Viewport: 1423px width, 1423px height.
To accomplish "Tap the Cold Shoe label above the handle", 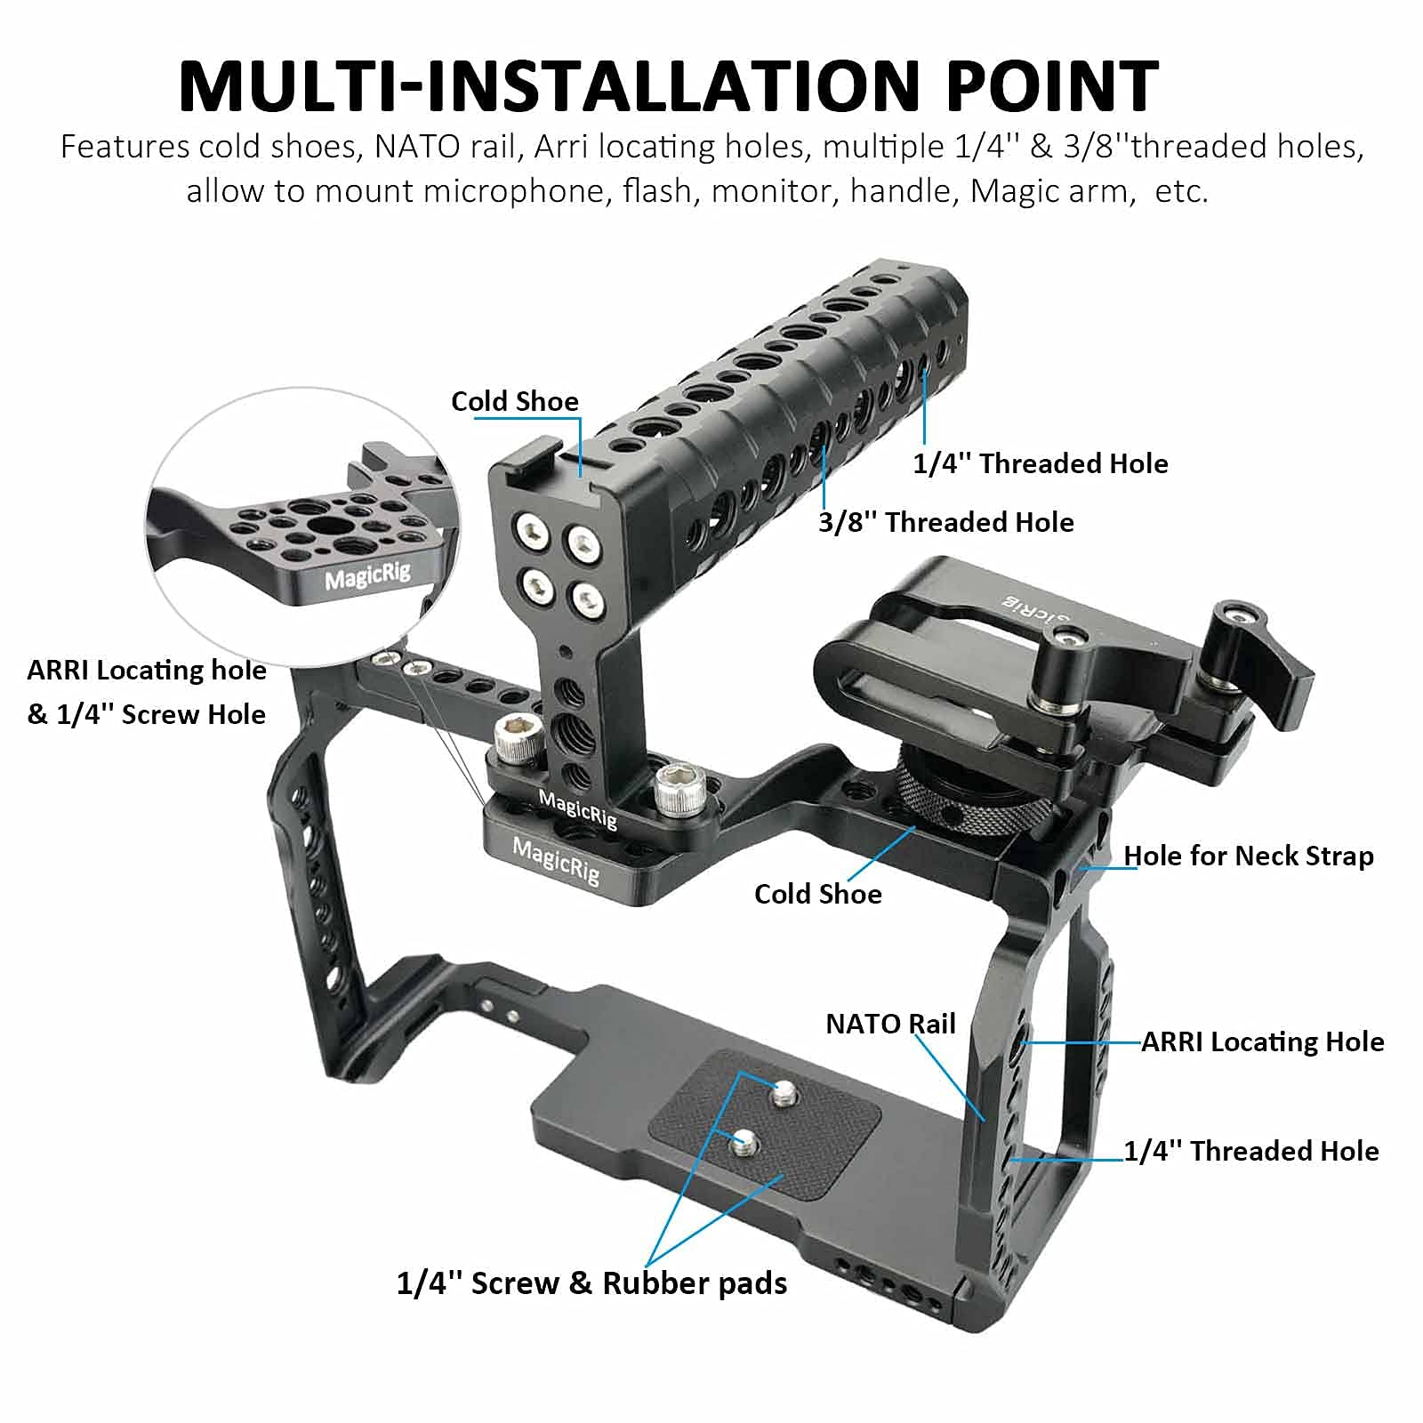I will pos(514,401).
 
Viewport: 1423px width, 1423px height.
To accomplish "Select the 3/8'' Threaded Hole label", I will pos(945,522).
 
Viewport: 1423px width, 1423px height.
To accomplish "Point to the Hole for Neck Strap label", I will pos(1248,856).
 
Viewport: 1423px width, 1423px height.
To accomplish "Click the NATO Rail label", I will pos(890,1024).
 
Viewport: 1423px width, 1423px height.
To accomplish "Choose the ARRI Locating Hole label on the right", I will pos(1262,1041).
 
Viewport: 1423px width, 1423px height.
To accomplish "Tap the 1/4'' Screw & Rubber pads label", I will pos(591,1282).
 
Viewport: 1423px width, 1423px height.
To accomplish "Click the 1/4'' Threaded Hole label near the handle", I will pos(1040,463).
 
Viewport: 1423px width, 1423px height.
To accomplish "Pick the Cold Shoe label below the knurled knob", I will pos(817,894).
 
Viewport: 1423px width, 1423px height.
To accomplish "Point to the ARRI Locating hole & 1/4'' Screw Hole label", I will pos(146,692).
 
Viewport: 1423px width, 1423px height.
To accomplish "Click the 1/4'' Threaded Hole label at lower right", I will pos(1250,1151).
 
